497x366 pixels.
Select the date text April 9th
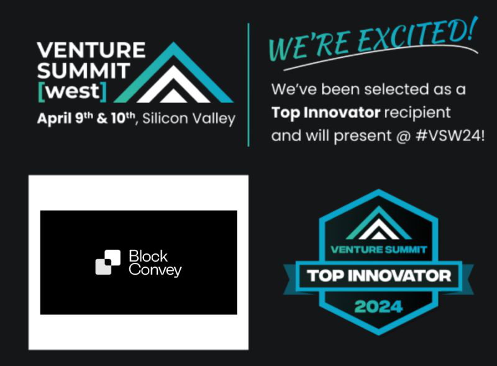click(x=62, y=119)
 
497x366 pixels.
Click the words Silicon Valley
click(x=189, y=119)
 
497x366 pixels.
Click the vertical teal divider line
click(x=248, y=84)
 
